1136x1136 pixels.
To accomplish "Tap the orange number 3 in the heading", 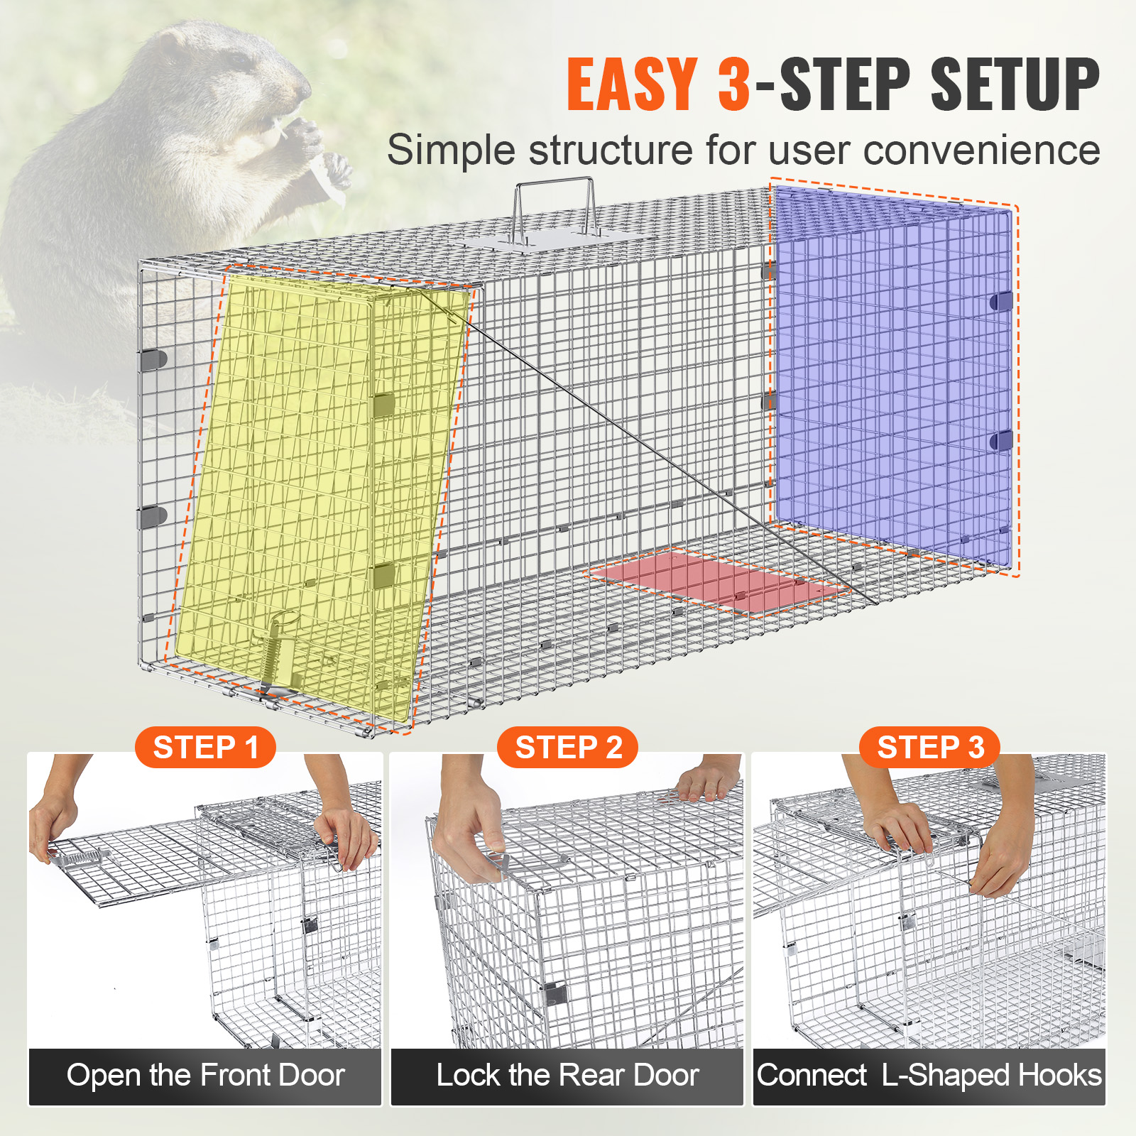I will click(x=733, y=84).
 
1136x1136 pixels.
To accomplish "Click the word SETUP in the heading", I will click(x=1015, y=84).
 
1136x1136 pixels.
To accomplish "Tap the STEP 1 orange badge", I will click(x=205, y=748).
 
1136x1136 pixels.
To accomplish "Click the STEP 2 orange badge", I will click(x=568, y=748).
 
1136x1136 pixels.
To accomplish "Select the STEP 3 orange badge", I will click(x=930, y=748).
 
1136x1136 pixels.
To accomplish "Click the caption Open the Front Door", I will click(x=205, y=1076).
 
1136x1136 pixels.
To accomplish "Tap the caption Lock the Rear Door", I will click(x=567, y=1076).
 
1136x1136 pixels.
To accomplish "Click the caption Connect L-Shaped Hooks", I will click(x=929, y=1076).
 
